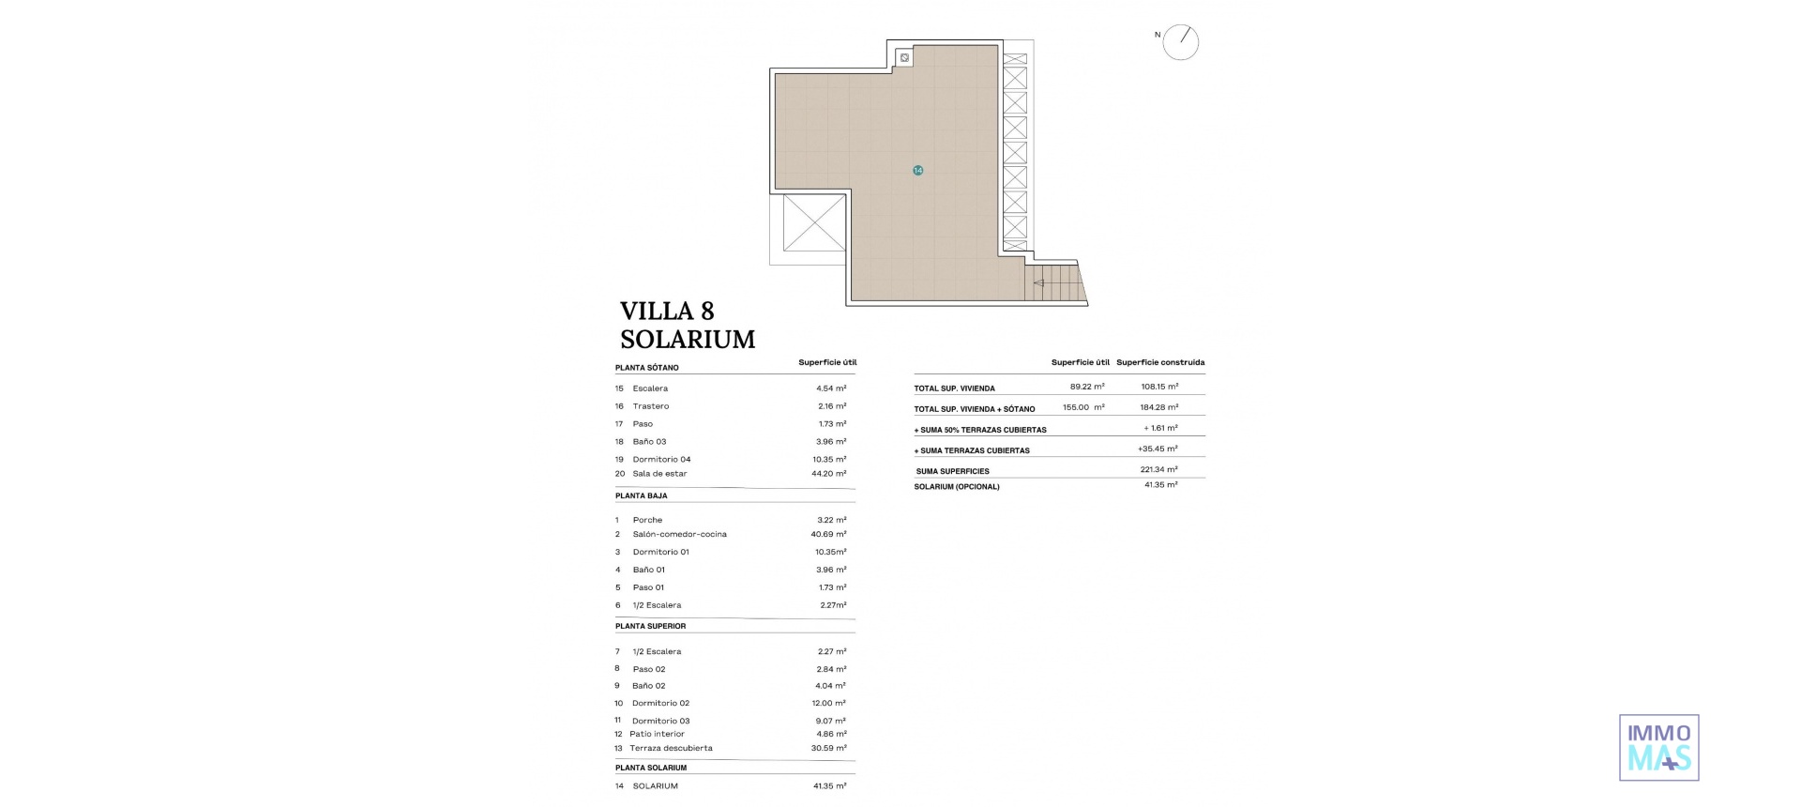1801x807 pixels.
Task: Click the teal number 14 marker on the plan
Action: click(x=917, y=171)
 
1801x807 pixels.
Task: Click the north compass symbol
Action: click(x=1180, y=42)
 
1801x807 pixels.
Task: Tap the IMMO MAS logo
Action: click(x=1658, y=748)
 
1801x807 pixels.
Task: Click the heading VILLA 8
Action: click(x=667, y=312)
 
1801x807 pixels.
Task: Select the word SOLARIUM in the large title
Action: click(x=688, y=340)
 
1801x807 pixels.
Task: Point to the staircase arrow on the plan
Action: click(x=1039, y=282)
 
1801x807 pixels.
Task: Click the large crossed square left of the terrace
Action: click(x=813, y=222)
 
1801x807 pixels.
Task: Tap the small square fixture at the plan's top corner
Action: click(x=904, y=58)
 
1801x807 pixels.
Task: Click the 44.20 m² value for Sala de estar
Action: click(x=828, y=474)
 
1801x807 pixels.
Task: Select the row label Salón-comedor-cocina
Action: click(x=679, y=534)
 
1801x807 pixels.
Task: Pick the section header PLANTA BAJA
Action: click(x=642, y=495)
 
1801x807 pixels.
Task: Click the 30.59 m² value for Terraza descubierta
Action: click(x=829, y=748)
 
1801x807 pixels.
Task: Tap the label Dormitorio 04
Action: click(x=661, y=459)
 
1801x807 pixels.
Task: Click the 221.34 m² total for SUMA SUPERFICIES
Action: click(x=1158, y=469)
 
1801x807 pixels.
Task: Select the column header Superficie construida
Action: click(x=1160, y=362)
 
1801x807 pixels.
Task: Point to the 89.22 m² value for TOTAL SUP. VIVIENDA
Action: click(x=1086, y=387)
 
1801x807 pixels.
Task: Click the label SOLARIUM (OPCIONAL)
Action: click(x=957, y=487)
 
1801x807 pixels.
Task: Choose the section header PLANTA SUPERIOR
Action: click(x=650, y=626)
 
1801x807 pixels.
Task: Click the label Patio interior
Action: click(x=657, y=734)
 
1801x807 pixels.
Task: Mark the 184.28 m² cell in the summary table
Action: click(x=1158, y=407)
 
